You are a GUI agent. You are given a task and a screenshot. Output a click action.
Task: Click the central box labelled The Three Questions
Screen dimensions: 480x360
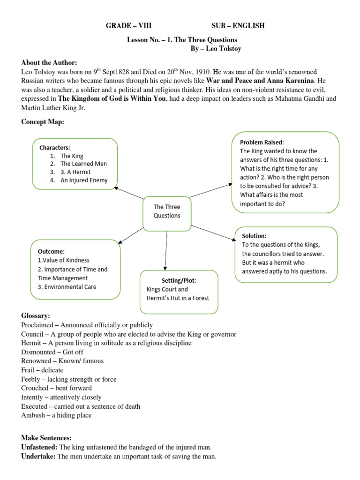[167, 211]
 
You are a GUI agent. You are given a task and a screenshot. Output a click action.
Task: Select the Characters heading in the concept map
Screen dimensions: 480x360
[54, 147]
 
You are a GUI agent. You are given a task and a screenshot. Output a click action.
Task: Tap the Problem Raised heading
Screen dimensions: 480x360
[262, 142]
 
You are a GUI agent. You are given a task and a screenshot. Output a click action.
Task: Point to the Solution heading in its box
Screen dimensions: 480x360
[254, 236]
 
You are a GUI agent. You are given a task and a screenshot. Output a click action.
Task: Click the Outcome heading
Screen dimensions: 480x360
[52, 251]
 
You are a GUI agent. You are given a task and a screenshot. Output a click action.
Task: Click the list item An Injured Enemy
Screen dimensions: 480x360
[83, 180]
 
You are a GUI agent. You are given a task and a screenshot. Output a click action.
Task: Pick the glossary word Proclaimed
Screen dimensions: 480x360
[38, 325]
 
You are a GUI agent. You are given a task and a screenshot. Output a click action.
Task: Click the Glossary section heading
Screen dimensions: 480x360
[36, 316]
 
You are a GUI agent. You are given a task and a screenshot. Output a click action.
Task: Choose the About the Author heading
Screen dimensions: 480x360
[49, 63]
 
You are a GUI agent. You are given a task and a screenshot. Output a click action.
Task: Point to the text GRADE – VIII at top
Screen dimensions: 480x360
[128, 26]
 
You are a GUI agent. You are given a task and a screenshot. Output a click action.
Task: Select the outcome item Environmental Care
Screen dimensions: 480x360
[70, 287]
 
